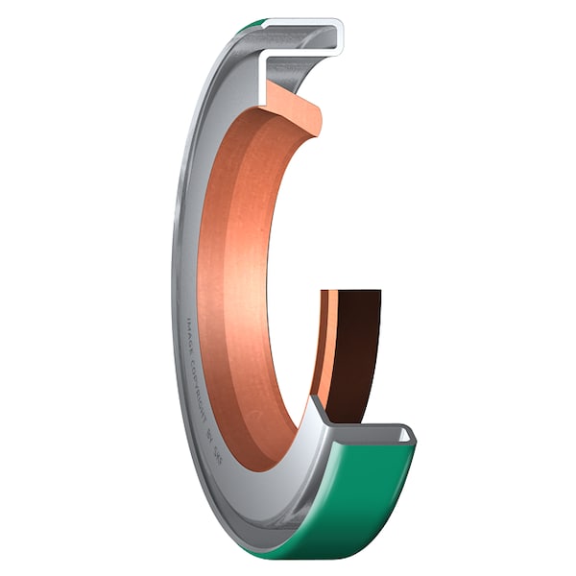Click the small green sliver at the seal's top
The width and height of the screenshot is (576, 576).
point(252,25)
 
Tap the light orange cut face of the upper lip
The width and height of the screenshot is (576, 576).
point(293,106)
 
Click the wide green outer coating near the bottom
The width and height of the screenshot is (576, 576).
point(355,499)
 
